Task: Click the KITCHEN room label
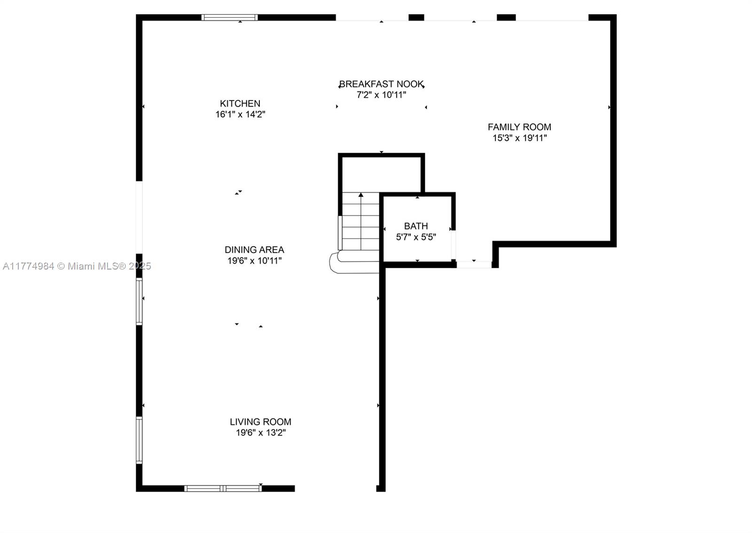click(240, 103)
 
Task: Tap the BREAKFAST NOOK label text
click(381, 84)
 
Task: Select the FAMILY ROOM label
click(519, 127)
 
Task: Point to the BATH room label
click(416, 226)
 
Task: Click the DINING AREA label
click(254, 249)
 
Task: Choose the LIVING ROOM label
click(260, 422)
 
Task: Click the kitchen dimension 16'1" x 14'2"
click(240, 115)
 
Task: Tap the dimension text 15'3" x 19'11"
click(520, 138)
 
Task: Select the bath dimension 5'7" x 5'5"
click(416, 237)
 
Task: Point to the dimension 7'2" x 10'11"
click(381, 95)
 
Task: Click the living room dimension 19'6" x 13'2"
click(261, 433)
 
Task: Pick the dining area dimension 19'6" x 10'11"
click(254, 261)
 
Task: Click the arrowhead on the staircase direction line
click(361, 194)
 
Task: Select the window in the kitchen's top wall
click(230, 17)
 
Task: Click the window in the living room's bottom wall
click(223, 488)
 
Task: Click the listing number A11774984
click(29, 266)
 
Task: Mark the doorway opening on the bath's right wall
click(453, 245)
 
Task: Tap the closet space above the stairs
click(381, 174)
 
